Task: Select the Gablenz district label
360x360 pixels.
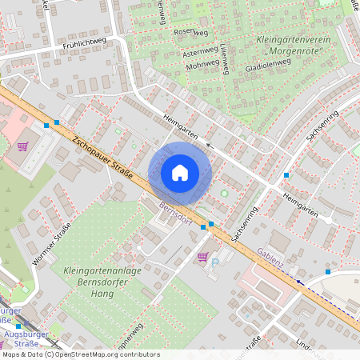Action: (x=274, y=254)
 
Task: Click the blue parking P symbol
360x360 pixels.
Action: (x=214, y=262)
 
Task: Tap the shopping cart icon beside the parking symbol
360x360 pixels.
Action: (x=202, y=257)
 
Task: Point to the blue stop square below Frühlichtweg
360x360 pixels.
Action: (x=47, y=124)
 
